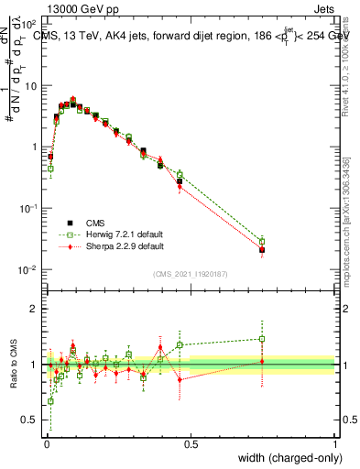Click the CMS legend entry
pos(92,223)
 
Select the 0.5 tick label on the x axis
pos(191,444)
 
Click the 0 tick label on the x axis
pos(46,444)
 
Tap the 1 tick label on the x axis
pos(335,444)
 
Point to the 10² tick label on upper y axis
pos(29,24)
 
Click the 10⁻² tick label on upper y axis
pos(28,269)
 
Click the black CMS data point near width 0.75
pos(262,250)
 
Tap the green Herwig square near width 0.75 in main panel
pos(262,241)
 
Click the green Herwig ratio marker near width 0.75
pos(262,339)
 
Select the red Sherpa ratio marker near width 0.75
pos(262,362)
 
